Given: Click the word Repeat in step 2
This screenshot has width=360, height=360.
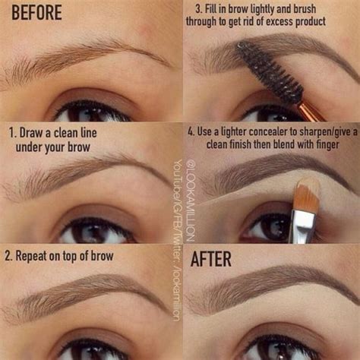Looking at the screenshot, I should click(39, 256).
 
